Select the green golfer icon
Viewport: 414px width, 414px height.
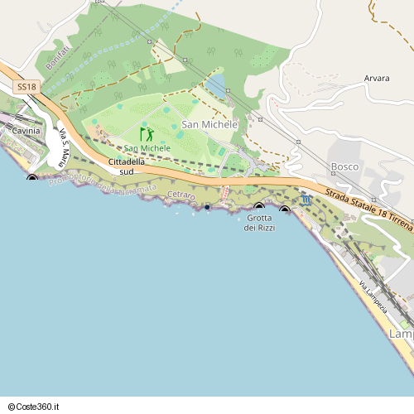point(147,134)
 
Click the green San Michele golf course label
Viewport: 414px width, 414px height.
point(147,148)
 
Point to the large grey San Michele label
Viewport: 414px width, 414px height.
point(209,124)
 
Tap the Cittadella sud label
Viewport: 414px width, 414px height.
point(127,166)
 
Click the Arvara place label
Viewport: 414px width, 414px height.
point(377,79)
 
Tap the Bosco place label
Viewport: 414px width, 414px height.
point(344,166)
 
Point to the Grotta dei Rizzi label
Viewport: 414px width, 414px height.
point(260,222)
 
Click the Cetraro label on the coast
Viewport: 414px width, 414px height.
point(181,195)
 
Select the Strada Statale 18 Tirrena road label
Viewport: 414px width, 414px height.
point(368,201)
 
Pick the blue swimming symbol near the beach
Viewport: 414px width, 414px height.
point(306,200)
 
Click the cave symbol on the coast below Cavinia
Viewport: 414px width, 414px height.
point(32,177)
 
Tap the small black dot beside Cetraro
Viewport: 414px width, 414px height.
point(207,207)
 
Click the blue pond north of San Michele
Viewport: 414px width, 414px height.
point(215,84)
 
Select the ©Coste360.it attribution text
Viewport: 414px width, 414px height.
point(36,406)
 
